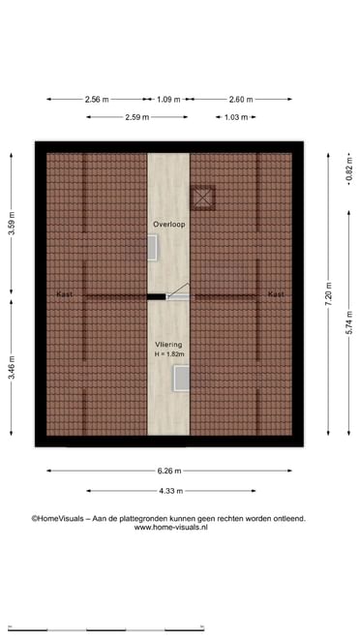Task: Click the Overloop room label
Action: click(168, 225)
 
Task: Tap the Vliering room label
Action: click(168, 345)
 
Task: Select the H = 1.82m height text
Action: click(169, 354)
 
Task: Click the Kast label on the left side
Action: click(65, 294)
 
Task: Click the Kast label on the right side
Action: click(276, 294)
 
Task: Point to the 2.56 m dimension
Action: click(97, 100)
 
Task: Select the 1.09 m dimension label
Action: click(168, 100)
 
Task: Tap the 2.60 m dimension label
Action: click(241, 100)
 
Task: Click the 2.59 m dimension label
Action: click(136, 117)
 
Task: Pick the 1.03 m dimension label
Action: click(236, 117)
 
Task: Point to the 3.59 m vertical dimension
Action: click(12, 224)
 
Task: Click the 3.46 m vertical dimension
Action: click(12, 368)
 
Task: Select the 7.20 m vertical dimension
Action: click(328, 294)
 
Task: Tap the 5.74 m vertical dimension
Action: click(349, 323)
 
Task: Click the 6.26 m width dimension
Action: click(169, 471)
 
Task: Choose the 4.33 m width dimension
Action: click(170, 491)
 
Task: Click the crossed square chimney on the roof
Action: click(202, 198)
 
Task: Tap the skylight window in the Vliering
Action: click(181, 379)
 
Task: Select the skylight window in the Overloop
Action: click(152, 247)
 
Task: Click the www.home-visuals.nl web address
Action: click(170, 528)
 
